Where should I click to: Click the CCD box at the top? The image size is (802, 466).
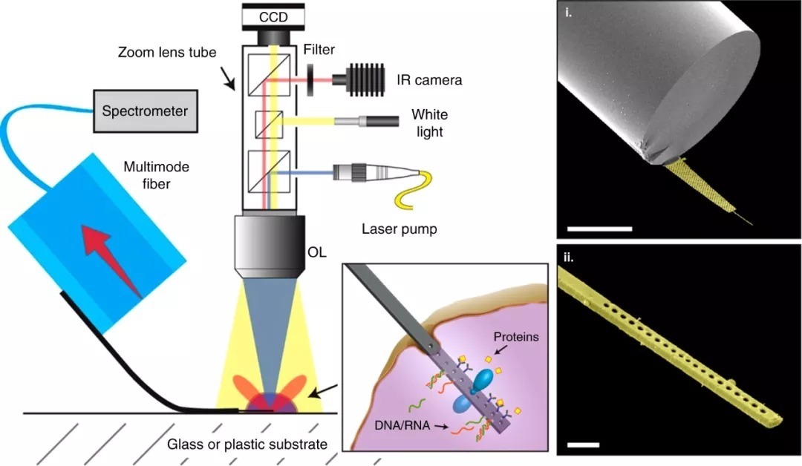click(x=273, y=15)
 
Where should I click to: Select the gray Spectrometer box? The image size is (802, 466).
click(x=145, y=111)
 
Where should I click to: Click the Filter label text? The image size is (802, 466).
click(x=319, y=50)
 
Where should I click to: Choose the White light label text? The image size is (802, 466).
click(x=427, y=124)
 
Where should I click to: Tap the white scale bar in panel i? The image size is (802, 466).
click(x=599, y=229)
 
